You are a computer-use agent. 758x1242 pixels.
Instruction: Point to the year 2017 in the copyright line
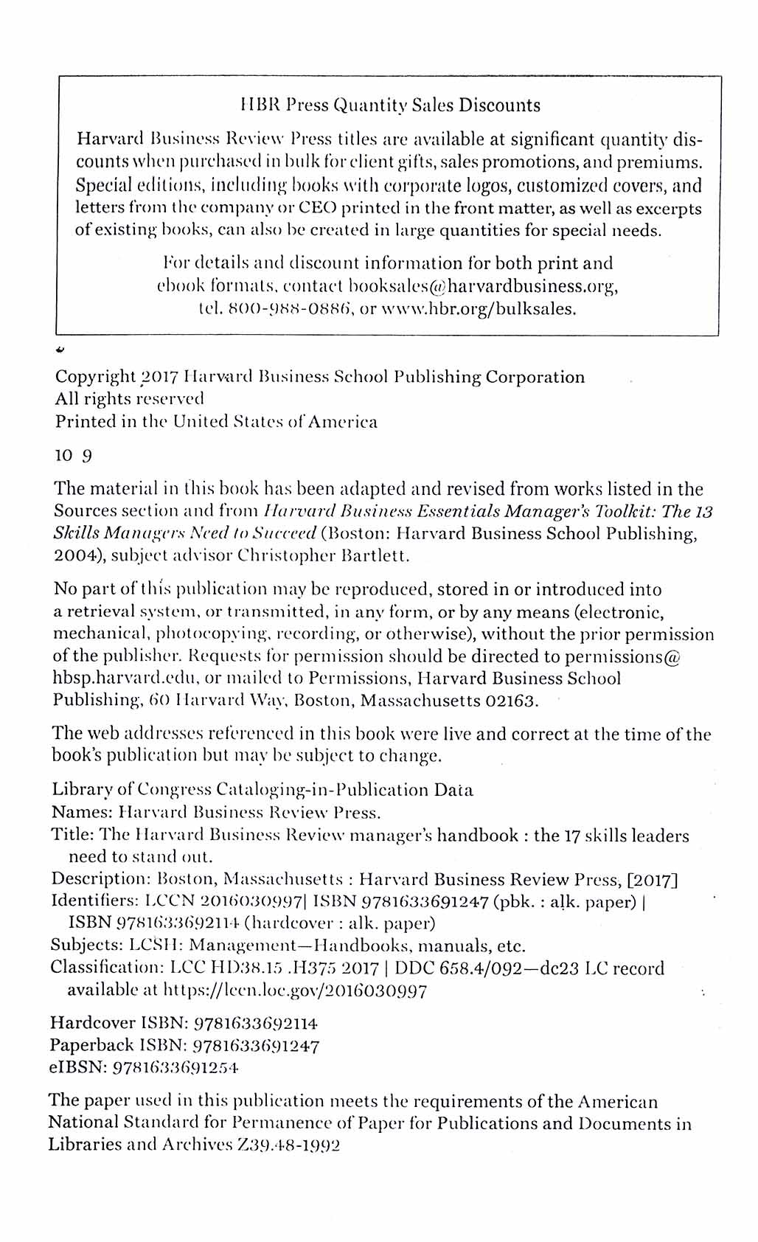pyautogui.click(x=159, y=378)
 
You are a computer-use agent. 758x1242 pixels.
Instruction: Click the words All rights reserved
pyautogui.click(x=129, y=400)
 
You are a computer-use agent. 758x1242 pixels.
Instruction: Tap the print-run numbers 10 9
pyautogui.click(x=73, y=456)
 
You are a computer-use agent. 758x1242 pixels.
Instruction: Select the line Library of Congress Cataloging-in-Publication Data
pyautogui.click(x=262, y=791)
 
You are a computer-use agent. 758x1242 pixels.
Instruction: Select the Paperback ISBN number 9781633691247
pyautogui.click(x=256, y=1045)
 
